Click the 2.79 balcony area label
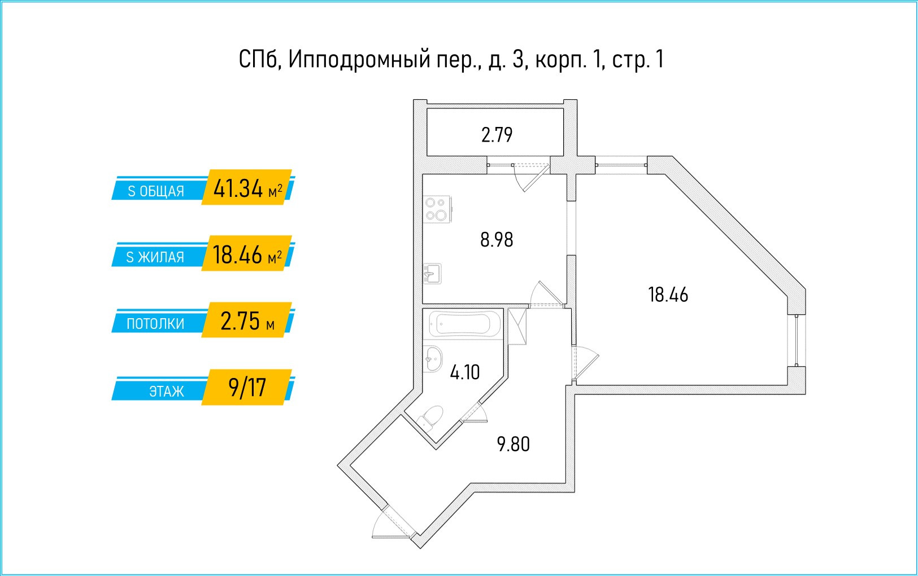tap(497, 135)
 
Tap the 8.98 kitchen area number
tap(497, 240)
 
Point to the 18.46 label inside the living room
tap(668, 294)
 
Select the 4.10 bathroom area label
tap(464, 372)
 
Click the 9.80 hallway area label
tap(513, 444)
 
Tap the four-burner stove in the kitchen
tap(437, 209)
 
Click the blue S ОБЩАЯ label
tap(156, 191)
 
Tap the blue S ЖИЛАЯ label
tap(155, 257)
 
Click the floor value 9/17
tap(247, 388)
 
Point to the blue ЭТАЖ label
tap(166, 391)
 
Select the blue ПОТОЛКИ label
tap(155, 324)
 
